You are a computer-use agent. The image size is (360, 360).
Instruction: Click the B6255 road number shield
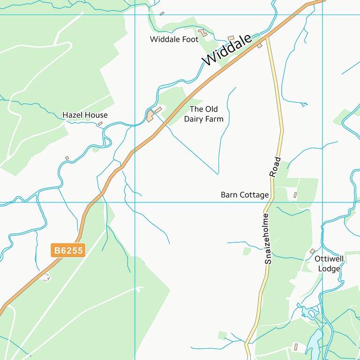(x=68, y=251)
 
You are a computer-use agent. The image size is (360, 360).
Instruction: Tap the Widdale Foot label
(x=174, y=39)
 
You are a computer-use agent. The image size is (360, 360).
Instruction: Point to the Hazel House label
(x=85, y=115)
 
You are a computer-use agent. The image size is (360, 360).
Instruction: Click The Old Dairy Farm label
(x=203, y=114)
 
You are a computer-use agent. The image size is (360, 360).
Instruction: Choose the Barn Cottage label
(x=245, y=195)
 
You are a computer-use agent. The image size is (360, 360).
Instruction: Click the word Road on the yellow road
(x=275, y=167)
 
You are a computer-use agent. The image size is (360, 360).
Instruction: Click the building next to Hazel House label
(x=100, y=124)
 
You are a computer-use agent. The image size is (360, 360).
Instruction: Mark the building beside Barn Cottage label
(x=295, y=194)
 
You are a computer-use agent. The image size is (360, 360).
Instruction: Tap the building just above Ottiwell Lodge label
(x=313, y=251)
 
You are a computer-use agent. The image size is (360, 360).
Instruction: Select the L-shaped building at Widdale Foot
(x=202, y=33)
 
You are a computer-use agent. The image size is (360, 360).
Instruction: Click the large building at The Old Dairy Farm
(x=151, y=116)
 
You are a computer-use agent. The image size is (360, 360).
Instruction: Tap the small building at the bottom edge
(x=295, y=347)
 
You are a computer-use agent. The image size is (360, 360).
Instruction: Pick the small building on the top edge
(x=162, y=14)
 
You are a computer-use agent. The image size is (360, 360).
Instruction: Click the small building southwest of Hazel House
(x=67, y=158)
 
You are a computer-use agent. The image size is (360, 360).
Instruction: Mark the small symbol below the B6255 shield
(x=45, y=277)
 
